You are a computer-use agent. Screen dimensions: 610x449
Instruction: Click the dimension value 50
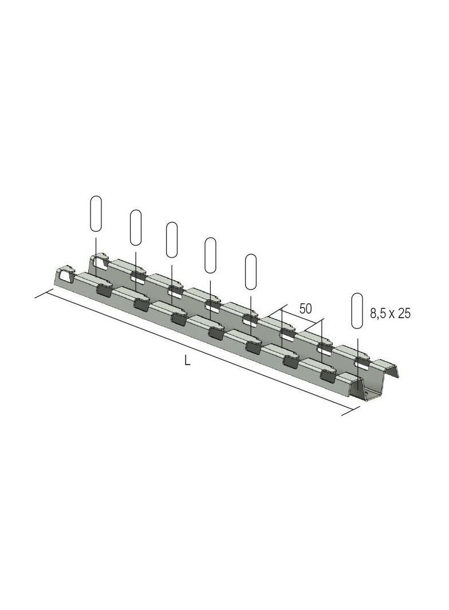tap(305, 309)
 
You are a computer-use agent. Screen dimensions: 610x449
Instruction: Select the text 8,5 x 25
tap(391, 314)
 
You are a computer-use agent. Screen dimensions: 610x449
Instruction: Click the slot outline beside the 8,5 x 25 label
tap(357, 311)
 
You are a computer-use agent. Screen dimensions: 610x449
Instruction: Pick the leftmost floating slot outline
tap(96, 213)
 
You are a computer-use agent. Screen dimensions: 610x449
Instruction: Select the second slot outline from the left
tap(136, 227)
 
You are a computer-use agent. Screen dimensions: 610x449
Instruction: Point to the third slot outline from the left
tap(172, 240)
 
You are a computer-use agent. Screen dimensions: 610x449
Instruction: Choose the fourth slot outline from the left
tap(211, 255)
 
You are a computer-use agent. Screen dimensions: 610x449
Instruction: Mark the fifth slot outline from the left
tap(251, 271)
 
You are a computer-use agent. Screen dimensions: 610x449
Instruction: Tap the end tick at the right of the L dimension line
tap(350, 411)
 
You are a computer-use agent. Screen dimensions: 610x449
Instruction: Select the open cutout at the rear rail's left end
tap(100, 263)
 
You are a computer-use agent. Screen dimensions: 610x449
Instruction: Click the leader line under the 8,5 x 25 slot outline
tap(357, 355)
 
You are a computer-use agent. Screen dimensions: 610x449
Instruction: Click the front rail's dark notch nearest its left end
tap(104, 291)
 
